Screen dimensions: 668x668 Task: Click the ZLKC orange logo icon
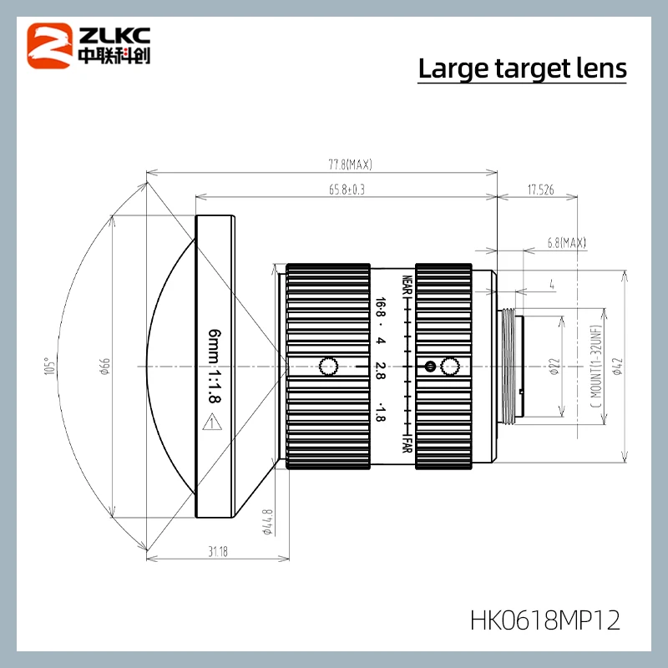pyautogui.click(x=51, y=46)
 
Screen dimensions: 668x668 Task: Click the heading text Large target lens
pyautogui.click(x=522, y=68)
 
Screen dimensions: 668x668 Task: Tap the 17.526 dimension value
pyautogui.click(x=540, y=190)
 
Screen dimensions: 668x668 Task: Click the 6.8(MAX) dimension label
pyautogui.click(x=565, y=243)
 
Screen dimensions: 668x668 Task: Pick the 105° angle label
pyautogui.click(x=53, y=366)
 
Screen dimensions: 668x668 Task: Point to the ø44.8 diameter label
pyautogui.click(x=267, y=524)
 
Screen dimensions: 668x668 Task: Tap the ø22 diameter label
pyautogui.click(x=554, y=366)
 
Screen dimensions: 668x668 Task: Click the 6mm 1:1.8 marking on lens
pyautogui.click(x=215, y=366)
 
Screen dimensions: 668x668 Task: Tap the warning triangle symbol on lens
pyautogui.click(x=215, y=425)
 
